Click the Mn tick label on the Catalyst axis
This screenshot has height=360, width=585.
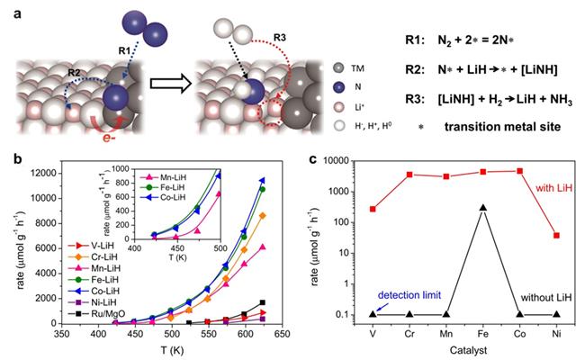pyautogui.click(x=445, y=332)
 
